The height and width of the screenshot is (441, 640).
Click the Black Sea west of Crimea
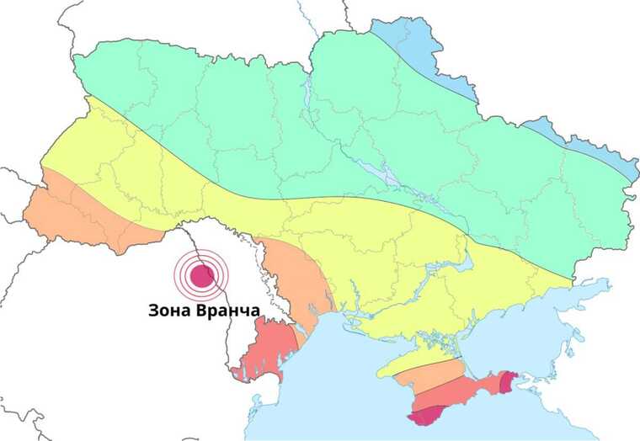[x=337, y=379]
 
